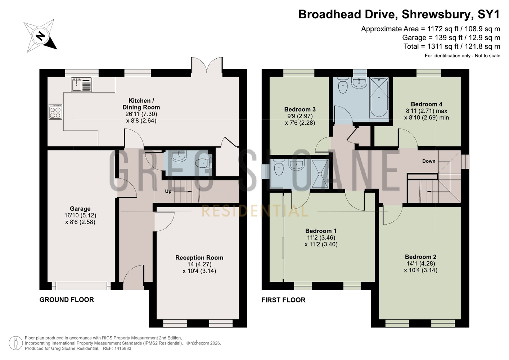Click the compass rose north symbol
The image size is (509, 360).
coord(40,36)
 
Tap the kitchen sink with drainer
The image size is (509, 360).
coord(81,85)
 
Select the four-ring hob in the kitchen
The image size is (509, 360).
coord(55,112)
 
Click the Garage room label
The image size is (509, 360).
coord(80,209)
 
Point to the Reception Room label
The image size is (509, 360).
coord(199,257)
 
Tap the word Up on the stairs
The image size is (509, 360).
coord(168,192)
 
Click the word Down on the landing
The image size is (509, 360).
coord(429,161)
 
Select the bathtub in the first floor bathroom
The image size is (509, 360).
coord(379,97)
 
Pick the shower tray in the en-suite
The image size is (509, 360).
coord(320,174)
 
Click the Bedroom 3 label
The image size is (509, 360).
coord(300,109)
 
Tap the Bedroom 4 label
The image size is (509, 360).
coord(427,104)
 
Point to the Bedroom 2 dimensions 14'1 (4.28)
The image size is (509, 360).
coord(420,264)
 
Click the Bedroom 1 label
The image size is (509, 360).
coord(321,231)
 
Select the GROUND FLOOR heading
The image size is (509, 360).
coord(67,300)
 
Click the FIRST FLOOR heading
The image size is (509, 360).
coord(283,300)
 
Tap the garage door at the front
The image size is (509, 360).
coord(81,286)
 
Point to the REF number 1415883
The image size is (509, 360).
coord(123,348)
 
